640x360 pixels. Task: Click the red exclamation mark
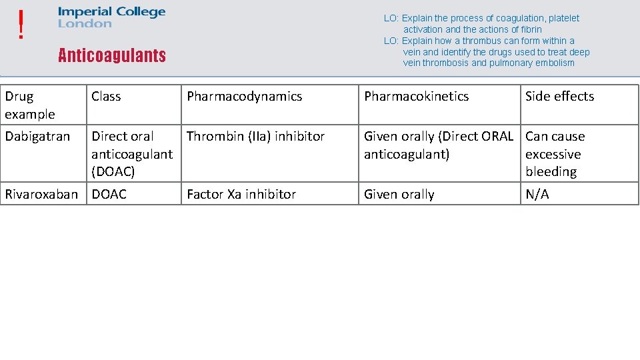[x=22, y=25]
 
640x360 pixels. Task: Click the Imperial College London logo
[x=111, y=17]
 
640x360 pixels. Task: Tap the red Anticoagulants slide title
[x=111, y=55]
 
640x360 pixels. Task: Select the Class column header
[x=106, y=97]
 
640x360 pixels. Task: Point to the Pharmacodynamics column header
[x=244, y=97]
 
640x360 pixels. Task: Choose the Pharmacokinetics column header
[x=416, y=97]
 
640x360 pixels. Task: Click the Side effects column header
[x=559, y=97]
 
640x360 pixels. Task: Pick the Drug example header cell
[x=30, y=105]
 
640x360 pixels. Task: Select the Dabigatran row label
[x=37, y=137]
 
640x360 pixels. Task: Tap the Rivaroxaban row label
[x=41, y=195]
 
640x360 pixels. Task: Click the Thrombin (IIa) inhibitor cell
[x=255, y=137]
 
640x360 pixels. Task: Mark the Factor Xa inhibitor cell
[x=241, y=195]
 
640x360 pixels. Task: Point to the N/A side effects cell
[x=537, y=195]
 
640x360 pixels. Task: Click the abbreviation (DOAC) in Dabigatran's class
[x=113, y=172]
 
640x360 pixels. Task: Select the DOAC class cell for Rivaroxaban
[x=109, y=195]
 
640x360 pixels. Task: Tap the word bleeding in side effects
[x=551, y=172]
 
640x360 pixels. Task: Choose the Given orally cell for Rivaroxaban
[x=399, y=195]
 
